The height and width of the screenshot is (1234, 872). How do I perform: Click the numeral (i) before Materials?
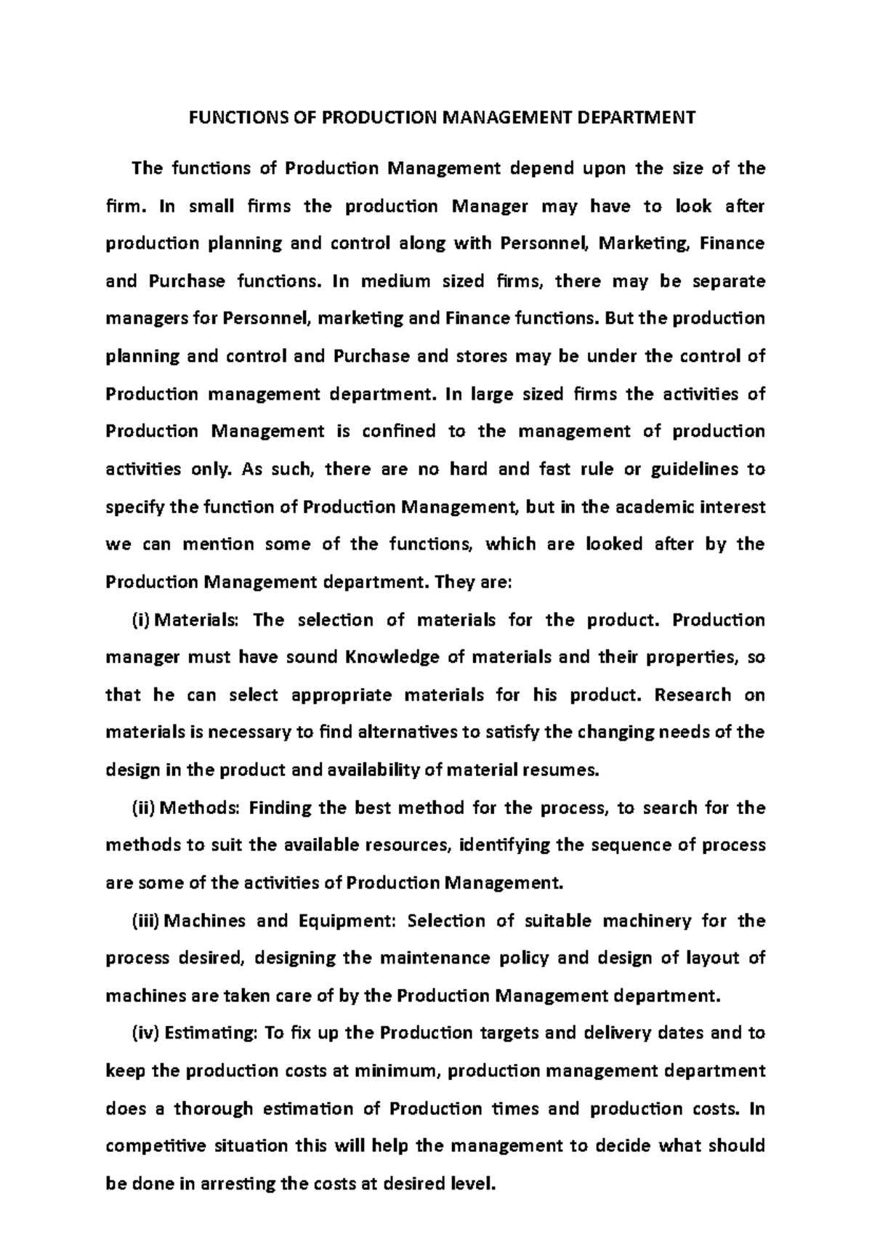point(142,620)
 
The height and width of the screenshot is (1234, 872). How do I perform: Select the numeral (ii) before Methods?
point(144,807)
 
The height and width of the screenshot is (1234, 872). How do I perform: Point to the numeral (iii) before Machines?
point(146,921)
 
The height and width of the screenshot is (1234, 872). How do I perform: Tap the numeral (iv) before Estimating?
point(145,1033)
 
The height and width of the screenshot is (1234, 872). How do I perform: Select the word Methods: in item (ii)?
point(200,807)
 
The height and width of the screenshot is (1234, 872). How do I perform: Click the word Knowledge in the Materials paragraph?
point(390,658)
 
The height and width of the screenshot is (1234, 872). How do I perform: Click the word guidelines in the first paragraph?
point(693,469)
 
